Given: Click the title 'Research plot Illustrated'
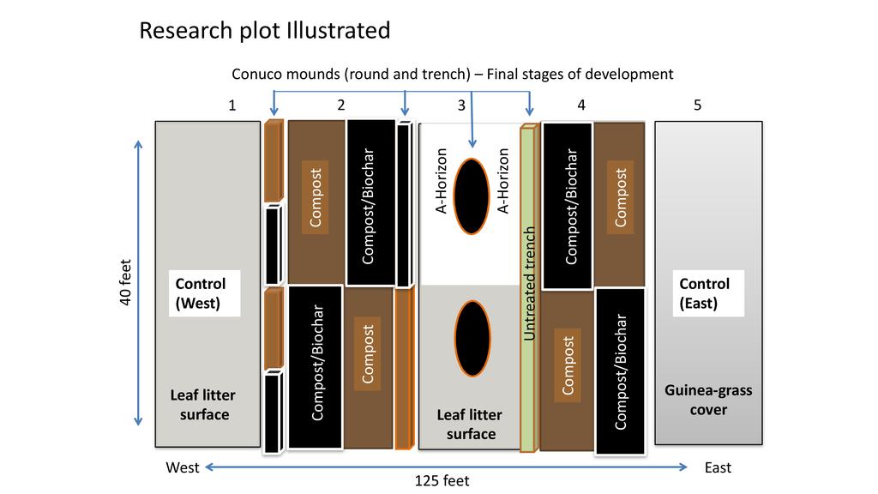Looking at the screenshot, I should (x=264, y=31).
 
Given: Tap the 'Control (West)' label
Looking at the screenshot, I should (x=200, y=293).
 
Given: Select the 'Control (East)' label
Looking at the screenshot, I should (x=704, y=293).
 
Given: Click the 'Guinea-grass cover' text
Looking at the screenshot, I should (x=708, y=400).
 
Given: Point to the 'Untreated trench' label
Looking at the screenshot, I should (x=530, y=283).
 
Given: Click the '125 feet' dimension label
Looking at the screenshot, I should (x=442, y=481).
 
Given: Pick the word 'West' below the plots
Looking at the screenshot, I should (x=182, y=467).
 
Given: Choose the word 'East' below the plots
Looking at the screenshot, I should (x=718, y=467).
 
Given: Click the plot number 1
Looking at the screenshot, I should (x=232, y=105).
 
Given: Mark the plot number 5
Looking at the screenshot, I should (x=697, y=105).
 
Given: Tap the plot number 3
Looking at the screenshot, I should (x=461, y=105).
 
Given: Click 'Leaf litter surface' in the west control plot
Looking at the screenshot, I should (x=202, y=405).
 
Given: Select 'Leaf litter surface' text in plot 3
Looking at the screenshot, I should (x=469, y=424).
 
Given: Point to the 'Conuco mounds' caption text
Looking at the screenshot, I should (x=453, y=74).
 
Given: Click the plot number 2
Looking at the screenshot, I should (x=341, y=105).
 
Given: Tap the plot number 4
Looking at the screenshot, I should (x=581, y=105).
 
